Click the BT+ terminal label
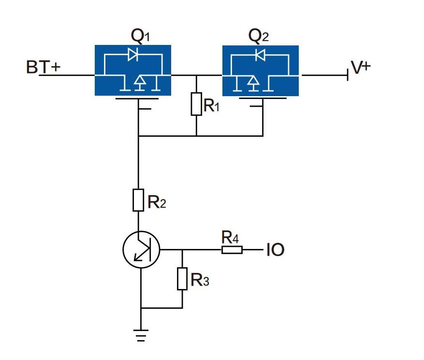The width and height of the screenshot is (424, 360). pos(43,67)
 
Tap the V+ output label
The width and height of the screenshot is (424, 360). pos(361,67)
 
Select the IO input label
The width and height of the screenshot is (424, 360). pos(275,250)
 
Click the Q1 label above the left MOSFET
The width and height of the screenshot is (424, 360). pos(140,36)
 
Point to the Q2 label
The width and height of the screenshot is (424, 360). pos(259,36)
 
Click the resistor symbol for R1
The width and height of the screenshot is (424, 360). pos(196,104)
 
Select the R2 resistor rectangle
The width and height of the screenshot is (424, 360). pos(138,200)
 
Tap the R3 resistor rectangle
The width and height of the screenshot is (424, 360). pos(182,279)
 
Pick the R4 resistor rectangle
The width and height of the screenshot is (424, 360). pos(232,250)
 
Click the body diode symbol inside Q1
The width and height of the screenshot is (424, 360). pos(133,54)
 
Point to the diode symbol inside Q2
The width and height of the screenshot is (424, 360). pos(260,55)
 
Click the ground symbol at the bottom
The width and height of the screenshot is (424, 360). pos(141,335)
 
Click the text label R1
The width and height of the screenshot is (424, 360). pos(211,105)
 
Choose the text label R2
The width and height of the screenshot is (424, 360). pos(157,202)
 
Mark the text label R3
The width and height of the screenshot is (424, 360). pos(200,280)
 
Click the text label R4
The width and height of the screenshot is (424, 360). pos(230,237)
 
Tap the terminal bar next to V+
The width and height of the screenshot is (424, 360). pos(348,75)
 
